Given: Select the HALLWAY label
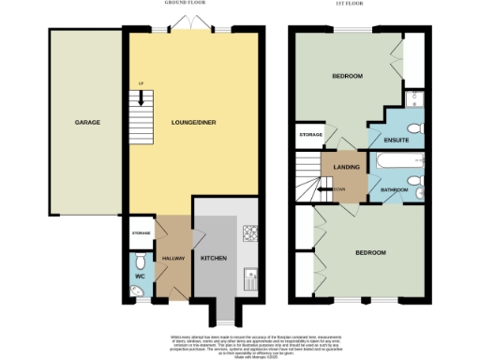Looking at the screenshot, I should [174, 257].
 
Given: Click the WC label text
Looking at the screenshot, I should [139, 277].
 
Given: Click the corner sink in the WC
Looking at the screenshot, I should [137, 292].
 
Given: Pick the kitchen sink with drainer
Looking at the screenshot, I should [249, 277].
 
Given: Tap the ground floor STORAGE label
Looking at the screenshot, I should [141, 232].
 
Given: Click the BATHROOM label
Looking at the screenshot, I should [393, 190].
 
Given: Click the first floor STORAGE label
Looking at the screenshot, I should [311, 135].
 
